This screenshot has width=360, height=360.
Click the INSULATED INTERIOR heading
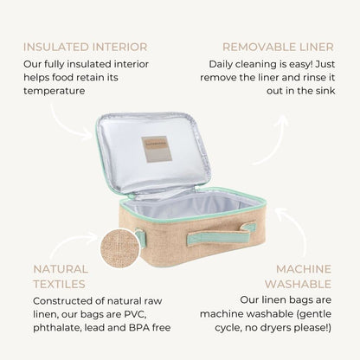coord(86,47)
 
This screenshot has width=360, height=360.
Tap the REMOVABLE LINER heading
coord(278,47)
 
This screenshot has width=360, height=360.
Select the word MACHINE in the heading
coord(304,269)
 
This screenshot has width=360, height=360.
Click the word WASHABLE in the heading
coord(298,284)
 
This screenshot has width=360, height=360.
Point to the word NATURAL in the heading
coord(61,269)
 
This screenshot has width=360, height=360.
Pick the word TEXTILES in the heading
coord(60,284)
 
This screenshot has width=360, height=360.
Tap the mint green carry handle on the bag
coord(222,235)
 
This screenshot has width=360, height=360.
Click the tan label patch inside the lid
coord(157,149)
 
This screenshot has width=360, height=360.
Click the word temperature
coord(55,91)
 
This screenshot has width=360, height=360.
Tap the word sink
coord(325,91)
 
